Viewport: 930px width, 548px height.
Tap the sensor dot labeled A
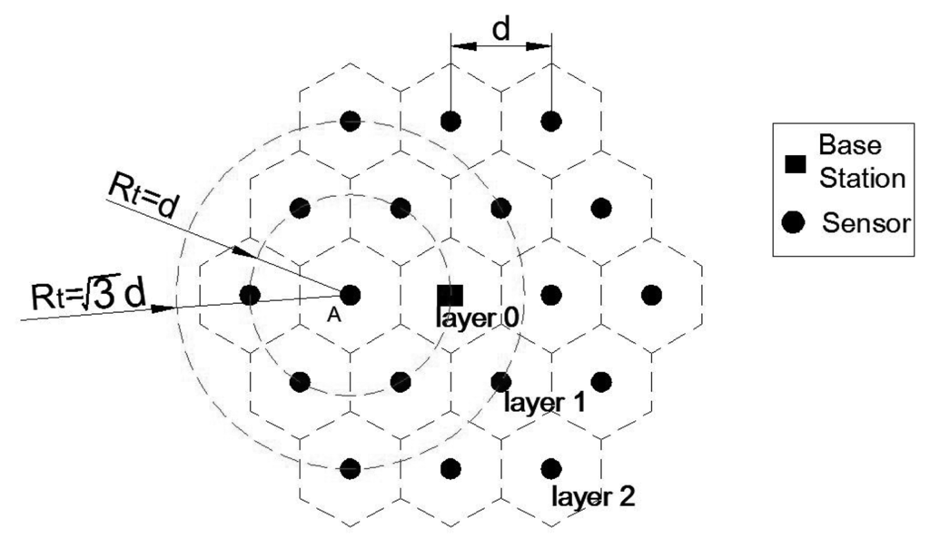(351, 295)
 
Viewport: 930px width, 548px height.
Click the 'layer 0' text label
(478, 318)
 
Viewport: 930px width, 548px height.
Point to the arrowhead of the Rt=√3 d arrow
(163, 308)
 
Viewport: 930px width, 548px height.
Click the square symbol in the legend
(796, 164)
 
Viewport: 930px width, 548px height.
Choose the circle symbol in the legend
(796, 222)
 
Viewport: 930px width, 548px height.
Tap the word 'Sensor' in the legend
(865, 222)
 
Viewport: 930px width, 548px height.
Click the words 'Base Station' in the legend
(861, 161)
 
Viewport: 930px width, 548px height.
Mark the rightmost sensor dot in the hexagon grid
(650, 295)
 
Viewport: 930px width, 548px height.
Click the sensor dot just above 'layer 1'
(500, 382)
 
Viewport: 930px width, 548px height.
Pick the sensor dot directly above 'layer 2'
(550, 468)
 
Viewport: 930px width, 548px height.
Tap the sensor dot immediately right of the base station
(550, 295)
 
